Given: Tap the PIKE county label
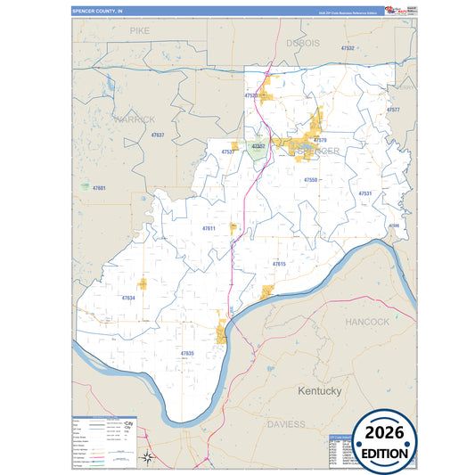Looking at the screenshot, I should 140,30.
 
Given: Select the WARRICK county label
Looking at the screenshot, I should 135,119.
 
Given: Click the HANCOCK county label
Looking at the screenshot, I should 367,321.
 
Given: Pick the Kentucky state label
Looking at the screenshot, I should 319,391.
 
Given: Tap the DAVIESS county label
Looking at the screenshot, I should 286,424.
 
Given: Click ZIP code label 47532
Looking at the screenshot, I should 348,48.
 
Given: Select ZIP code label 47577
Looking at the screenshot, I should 393,109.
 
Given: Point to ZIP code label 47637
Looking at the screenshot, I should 158,135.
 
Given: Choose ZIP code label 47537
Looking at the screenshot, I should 227,152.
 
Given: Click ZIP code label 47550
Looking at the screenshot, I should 310,180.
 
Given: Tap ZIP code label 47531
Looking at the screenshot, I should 364,193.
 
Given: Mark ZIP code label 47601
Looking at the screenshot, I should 99,188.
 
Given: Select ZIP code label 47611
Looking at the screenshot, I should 209,229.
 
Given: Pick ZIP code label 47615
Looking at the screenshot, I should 279,265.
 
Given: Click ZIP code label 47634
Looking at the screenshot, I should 128,298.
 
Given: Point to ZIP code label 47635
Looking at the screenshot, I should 187,354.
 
